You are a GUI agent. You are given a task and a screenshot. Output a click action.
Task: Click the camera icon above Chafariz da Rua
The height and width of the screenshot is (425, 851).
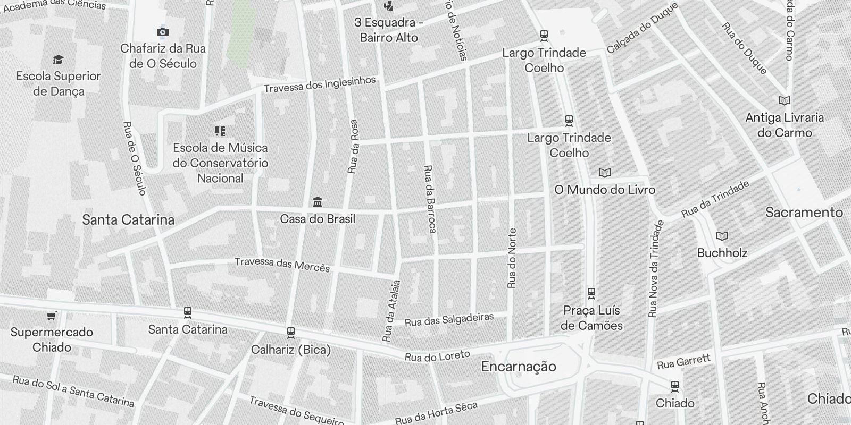pyautogui.click(x=163, y=32)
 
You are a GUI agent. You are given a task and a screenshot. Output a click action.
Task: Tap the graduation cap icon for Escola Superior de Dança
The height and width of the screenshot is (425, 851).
pyautogui.click(x=58, y=60)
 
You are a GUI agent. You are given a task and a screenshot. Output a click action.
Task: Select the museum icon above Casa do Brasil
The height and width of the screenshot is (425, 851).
pyautogui.click(x=318, y=202)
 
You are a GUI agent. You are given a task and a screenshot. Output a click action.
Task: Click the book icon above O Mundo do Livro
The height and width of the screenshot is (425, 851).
pyautogui.click(x=604, y=173)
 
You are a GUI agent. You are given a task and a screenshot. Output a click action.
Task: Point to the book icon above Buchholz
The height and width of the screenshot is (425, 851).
pyautogui.click(x=722, y=236)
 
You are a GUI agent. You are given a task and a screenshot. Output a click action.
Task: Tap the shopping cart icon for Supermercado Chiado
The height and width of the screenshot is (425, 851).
pyautogui.click(x=51, y=316)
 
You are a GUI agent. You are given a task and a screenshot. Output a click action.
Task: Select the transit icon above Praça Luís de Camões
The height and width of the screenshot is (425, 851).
pyautogui.click(x=591, y=293)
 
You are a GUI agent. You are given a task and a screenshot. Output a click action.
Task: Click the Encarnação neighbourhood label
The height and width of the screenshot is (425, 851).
pyautogui.click(x=519, y=367)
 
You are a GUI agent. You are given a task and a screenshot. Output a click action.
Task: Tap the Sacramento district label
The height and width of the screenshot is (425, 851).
pyautogui.click(x=804, y=212)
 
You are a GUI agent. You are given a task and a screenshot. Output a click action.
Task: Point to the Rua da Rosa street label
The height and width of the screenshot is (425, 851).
pyautogui.click(x=353, y=146)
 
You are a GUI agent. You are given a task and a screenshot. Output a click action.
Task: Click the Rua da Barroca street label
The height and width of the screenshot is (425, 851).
pyautogui.click(x=429, y=199)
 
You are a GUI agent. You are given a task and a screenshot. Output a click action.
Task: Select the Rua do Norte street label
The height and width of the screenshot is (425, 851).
pyautogui.click(x=512, y=258)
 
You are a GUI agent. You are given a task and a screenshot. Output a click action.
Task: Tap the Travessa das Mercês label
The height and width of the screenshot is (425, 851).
pyautogui.click(x=282, y=264)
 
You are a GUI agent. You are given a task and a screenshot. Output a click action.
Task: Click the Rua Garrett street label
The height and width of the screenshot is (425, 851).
pyautogui.click(x=683, y=362)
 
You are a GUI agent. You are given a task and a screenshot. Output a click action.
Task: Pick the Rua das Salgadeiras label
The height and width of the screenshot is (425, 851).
pyautogui.click(x=449, y=319)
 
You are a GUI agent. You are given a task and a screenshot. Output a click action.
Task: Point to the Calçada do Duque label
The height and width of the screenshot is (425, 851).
pyautogui.click(x=643, y=28)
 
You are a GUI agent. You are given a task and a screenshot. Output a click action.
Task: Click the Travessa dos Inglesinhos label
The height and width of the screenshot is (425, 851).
pyautogui.click(x=320, y=84)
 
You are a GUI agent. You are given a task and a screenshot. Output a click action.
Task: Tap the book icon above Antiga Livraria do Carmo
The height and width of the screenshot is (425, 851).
pyautogui.click(x=784, y=101)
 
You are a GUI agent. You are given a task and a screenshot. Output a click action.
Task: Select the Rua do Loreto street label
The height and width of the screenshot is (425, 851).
pyautogui.click(x=437, y=356)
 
